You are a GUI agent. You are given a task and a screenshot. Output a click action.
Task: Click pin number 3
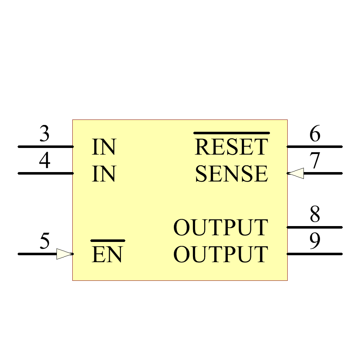coord(44,134)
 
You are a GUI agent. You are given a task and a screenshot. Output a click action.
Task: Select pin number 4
coord(44,161)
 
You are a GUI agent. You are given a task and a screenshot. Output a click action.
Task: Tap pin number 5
coord(44,241)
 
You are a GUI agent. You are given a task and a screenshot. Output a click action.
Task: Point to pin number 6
coord(315,134)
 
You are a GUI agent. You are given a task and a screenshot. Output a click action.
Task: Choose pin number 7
coord(315,161)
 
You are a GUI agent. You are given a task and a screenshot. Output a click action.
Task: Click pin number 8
coord(315,215)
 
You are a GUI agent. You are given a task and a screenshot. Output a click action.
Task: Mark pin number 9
coord(315,241)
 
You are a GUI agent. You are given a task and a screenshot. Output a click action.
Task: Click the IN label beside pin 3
coord(104,147)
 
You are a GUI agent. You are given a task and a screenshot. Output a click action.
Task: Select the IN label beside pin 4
coord(104,174)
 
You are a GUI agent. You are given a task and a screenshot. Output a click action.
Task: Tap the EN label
coord(107,255)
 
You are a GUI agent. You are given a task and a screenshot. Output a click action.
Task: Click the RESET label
coord(231,147)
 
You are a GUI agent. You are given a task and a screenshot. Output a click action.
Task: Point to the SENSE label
coord(231,174)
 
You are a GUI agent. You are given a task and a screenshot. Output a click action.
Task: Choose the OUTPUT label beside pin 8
coord(221,228)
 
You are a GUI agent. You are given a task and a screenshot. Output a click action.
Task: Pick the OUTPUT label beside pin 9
coord(221,254)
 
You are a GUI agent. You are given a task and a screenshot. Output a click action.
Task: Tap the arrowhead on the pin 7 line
coord(296,174)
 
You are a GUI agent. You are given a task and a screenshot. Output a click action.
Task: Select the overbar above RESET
coord(231,133)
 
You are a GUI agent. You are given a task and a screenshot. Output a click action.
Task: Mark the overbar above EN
coord(108,240)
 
